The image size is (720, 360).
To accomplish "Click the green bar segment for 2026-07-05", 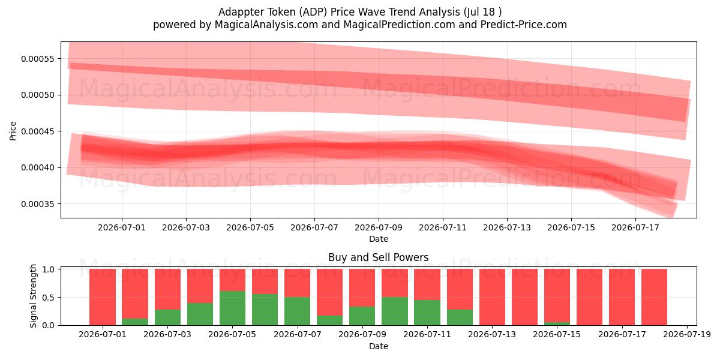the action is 232,308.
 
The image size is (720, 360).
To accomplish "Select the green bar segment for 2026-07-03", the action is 167,317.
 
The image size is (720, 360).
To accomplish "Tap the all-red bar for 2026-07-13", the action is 492,297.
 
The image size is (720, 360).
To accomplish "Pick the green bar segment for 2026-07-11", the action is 427,313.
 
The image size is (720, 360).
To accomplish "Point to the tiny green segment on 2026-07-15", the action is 557,323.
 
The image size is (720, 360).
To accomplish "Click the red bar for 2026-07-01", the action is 103,297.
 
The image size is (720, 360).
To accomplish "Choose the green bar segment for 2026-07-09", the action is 362,316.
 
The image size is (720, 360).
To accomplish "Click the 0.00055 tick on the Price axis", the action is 38,59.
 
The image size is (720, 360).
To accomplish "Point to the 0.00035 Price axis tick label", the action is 38,204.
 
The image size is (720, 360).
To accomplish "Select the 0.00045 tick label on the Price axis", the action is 38,131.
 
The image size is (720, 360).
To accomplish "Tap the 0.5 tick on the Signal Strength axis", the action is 48,298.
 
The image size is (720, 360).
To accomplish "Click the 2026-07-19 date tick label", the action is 687,334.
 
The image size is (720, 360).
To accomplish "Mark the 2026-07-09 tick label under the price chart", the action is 379,227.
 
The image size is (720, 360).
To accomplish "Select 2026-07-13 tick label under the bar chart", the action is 492,334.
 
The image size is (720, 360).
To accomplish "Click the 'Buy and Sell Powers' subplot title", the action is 379,257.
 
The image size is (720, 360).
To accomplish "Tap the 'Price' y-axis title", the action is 13,131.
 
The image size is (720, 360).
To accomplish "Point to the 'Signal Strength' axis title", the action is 33,296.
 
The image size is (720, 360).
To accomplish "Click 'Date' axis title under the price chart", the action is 379,239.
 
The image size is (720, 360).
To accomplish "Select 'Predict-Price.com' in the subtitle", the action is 524,25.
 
